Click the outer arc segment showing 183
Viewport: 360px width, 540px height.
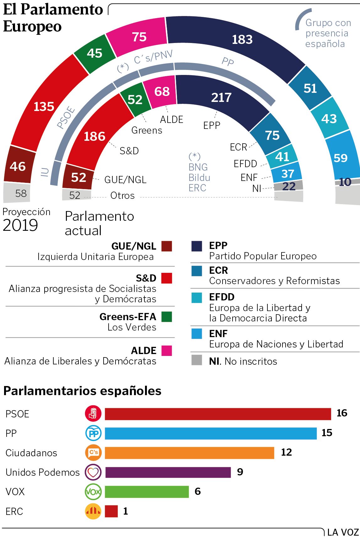coord(242,40)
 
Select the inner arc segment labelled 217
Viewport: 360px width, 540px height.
coord(221,98)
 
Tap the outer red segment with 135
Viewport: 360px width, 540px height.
coord(44,107)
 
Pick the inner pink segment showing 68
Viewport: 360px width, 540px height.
coord(162,92)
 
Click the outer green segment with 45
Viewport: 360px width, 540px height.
coord(94,53)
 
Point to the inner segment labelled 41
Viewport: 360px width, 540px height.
coord(282,156)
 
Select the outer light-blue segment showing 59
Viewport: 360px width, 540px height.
coord(341,158)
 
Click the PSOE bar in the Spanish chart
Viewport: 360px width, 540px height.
coord(218,414)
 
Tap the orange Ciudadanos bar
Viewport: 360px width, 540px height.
coord(189,453)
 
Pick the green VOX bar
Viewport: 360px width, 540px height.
coord(147,492)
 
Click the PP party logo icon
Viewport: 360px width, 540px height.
coord(93,433)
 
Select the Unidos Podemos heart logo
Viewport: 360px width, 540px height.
coord(93,472)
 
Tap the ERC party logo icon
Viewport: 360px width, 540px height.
coord(93,511)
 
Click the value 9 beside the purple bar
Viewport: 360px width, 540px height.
coord(240,472)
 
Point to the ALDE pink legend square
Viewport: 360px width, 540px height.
coord(167,351)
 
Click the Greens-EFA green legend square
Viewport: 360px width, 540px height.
coord(167,317)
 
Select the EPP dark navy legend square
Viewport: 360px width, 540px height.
coord(197,246)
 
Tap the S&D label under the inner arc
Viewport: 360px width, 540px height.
coord(129,151)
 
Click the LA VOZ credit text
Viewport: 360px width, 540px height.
coord(343,532)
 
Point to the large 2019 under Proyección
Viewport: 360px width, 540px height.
coord(20,225)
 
